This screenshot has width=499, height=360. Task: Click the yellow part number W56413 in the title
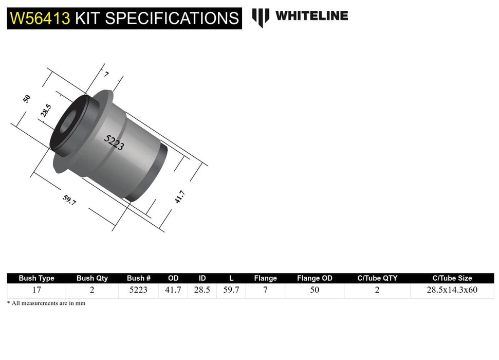[x=40, y=19]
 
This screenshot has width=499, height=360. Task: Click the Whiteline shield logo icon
[x=261, y=17]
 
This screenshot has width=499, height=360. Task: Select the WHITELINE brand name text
[x=311, y=16]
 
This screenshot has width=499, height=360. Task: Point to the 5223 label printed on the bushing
[x=114, y=142]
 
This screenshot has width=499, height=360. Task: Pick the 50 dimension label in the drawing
[x=27, y=98]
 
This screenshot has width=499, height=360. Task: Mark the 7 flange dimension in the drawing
[x=106, y=75]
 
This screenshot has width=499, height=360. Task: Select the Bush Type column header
[x=36, y=278]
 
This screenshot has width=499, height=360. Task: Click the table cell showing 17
[x=36, y=290]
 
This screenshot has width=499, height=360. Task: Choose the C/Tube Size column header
[x=452, y=278]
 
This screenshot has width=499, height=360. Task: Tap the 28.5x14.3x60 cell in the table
[x=452, y=290]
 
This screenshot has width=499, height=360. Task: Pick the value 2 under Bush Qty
[x=92, y=290]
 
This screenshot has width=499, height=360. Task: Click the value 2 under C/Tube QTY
[x=377, y=290]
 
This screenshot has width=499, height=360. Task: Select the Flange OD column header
[x=315, y=278]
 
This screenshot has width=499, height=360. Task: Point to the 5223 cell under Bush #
[x=138, y=290]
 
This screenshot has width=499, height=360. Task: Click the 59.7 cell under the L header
[x=231, y=290]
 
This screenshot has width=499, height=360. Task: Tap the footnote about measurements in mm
[x=46, y=303]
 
